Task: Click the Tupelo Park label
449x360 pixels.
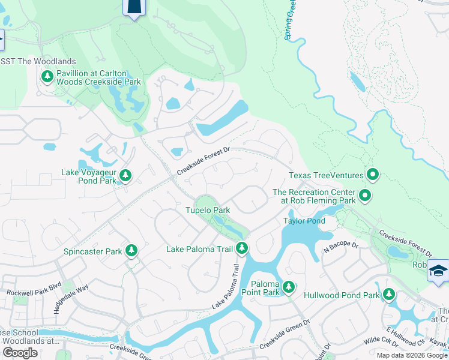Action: (207, 211)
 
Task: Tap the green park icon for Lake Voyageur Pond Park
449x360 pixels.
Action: (125, 175)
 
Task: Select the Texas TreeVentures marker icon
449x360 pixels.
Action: (373, 175)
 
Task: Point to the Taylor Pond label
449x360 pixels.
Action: (304, 221)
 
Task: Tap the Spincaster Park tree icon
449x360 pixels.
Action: (131, 251)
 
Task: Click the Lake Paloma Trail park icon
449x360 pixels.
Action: (242, 247)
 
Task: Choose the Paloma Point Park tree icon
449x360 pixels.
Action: (289, 287)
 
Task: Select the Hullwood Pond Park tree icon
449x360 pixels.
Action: (389, 294)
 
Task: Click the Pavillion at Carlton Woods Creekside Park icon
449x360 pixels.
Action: (47, 76)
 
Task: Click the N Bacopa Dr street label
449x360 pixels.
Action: (341, 246)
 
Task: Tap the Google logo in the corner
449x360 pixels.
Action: (20, 353)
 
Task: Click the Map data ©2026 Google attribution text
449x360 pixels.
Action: (412, 355)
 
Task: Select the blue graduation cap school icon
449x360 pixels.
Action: (438, 271)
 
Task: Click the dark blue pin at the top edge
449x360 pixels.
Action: (134, 8)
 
